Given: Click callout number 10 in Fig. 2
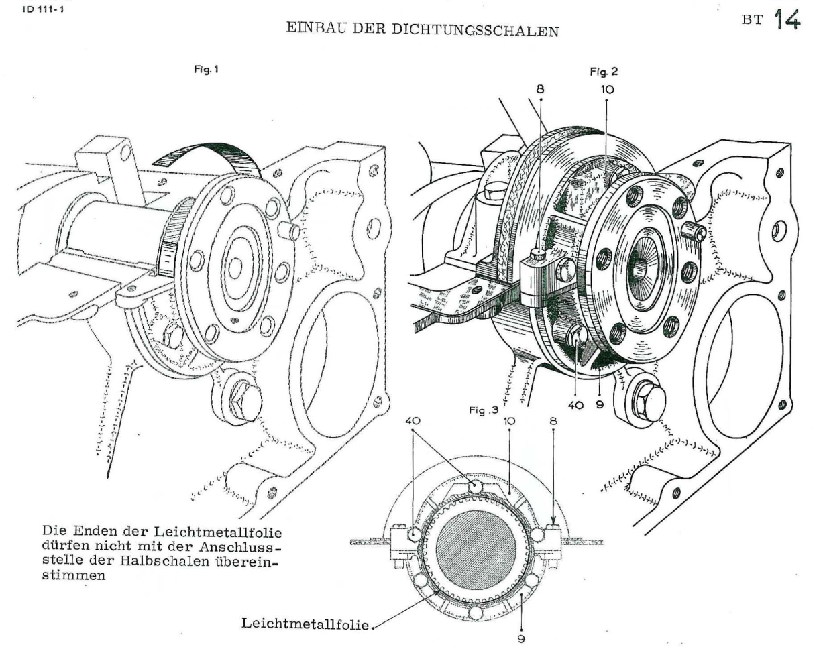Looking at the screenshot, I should [606, 88].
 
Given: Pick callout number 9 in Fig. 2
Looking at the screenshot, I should [600, 404].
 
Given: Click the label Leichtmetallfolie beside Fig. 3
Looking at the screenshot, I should [305, 624].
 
